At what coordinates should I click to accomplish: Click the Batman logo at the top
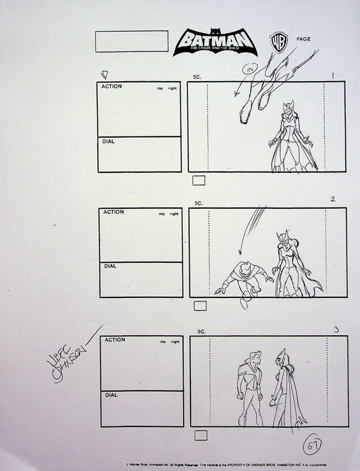[214, 42]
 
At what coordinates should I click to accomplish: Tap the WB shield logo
[278, 41]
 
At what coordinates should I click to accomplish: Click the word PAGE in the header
[303, 39]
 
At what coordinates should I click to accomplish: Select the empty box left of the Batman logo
[132, 41]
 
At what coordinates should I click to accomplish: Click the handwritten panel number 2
[333, 199]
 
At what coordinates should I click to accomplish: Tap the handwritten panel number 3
[336, 329]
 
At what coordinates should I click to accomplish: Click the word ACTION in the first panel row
[113, 87]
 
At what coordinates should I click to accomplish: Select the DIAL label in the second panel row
[110, 266]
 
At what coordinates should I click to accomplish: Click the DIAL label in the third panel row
[111, 395]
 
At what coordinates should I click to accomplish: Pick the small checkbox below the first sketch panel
[199, 180]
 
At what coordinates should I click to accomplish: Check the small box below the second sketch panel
[200, 306]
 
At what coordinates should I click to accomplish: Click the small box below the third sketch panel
[201, 435]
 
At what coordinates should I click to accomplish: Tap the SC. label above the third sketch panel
[201, 332]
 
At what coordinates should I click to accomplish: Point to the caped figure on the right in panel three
[285, 389]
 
